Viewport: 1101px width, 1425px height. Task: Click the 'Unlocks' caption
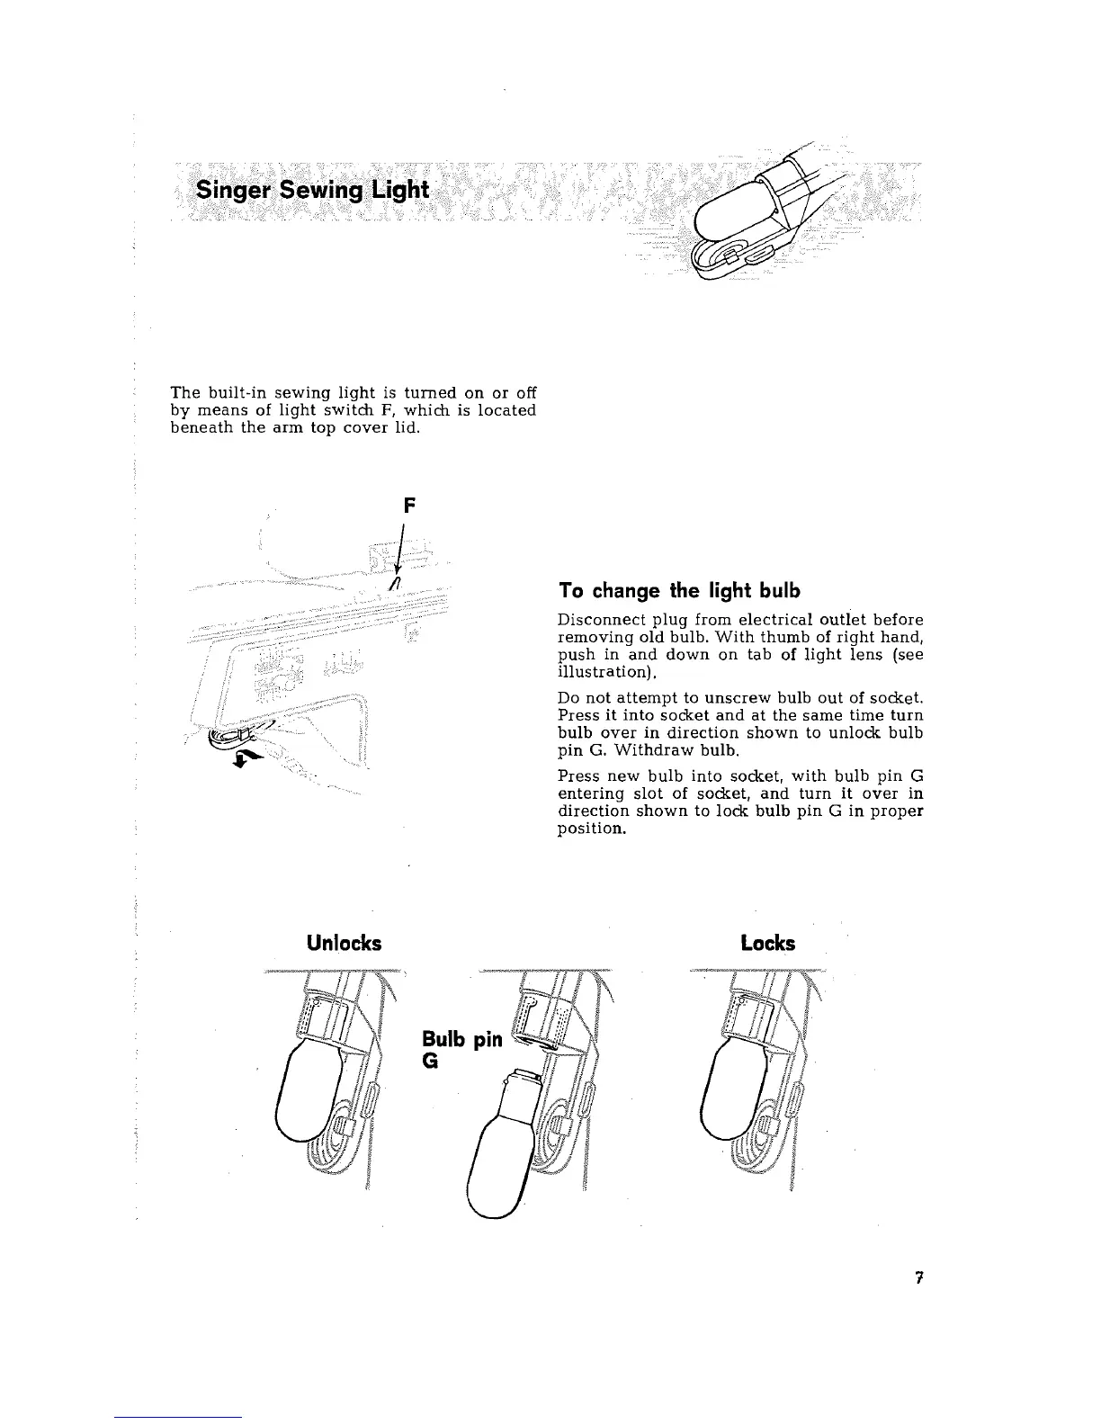(344, 943)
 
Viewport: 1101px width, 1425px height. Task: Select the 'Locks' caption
(767, 943)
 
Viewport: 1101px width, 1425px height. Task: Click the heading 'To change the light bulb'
(678, 591)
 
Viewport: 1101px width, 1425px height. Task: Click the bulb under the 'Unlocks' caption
(304, 1095)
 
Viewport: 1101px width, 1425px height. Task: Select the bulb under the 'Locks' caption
(729, 1095)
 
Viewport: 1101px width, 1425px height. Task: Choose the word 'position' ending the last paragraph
(589, 828)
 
